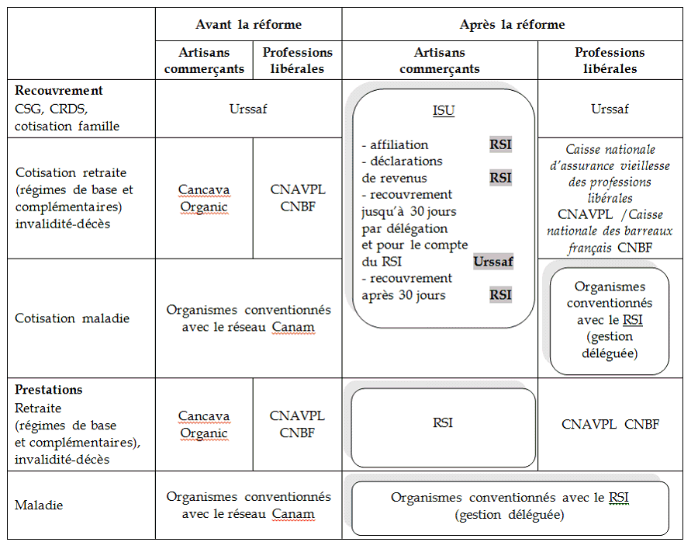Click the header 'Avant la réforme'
click(248, 24)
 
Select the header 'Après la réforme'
click(512, 24)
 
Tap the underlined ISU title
click(443, 111)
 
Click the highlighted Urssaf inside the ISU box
click(493, 262)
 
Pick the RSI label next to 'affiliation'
click(500, 144)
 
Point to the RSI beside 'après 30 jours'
click(500, 294)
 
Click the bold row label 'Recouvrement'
click(59, 90)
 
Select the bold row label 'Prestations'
click(49, 390)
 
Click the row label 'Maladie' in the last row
click(39, 505)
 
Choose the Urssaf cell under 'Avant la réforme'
click(248, 109)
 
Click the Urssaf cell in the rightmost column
click(610, 109)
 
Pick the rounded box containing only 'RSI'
click(443, 423)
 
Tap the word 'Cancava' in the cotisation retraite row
click(204, 189)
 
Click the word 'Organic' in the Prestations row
click(204, 433)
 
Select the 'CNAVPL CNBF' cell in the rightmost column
click(610, 425)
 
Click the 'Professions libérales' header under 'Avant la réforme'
click(298, 60)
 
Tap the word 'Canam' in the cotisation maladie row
click(293, 327)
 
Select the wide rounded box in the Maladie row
click(510, 506)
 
